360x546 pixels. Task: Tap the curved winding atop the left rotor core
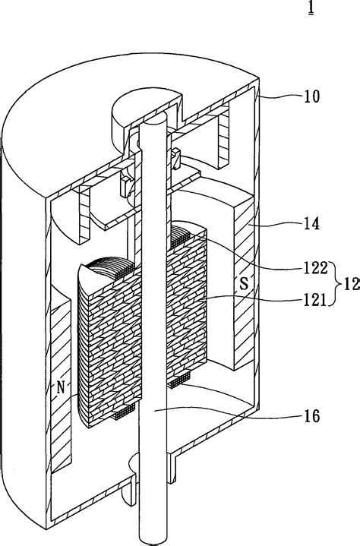click(x=106, y=270)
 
